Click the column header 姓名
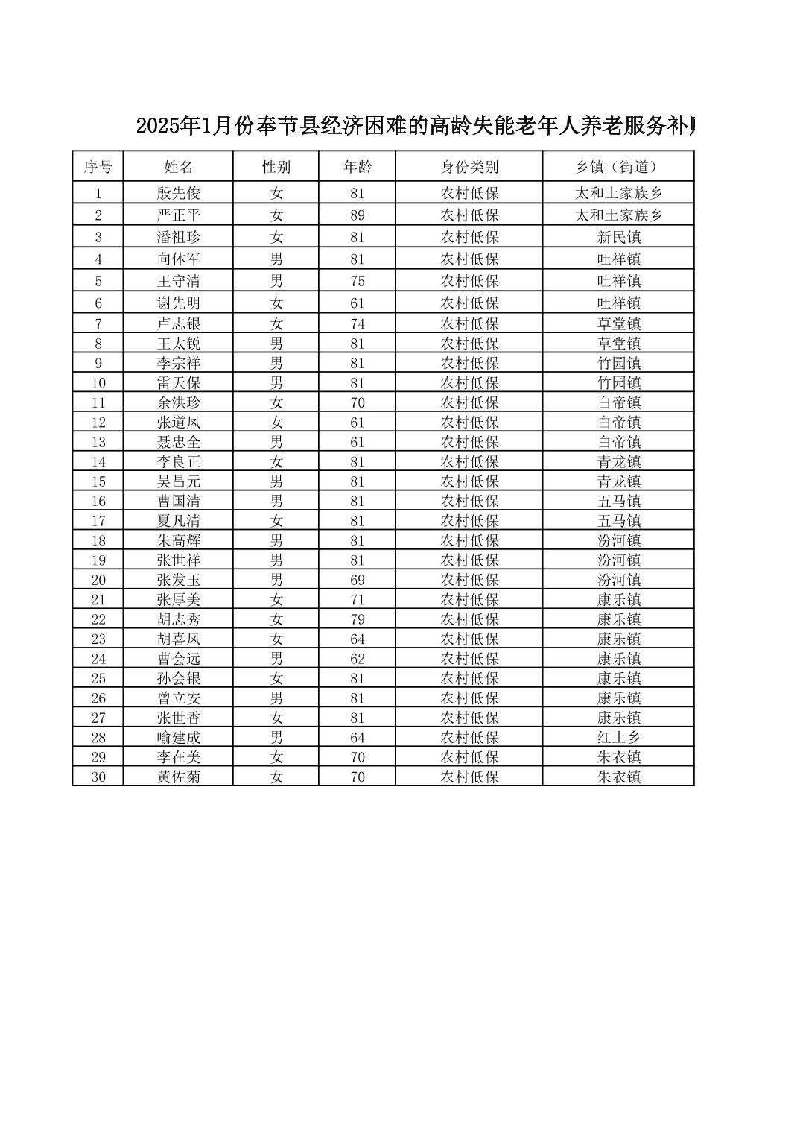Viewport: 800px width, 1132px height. [178, 167]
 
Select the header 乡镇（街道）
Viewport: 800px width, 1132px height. [618, 167]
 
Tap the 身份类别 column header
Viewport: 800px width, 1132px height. [469, 167]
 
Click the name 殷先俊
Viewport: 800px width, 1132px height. [178, 193]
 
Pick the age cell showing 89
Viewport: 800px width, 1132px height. [358, 215]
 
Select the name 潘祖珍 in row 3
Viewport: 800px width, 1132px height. [178, 237]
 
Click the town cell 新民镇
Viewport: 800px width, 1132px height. [618, 237]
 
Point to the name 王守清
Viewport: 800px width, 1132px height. [178, 281]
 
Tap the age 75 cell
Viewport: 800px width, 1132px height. [358, 281]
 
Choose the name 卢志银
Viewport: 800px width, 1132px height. [178, 323]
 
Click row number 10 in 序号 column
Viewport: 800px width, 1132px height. [98, 383]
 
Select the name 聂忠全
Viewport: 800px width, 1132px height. [178, 442]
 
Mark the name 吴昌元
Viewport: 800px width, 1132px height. [178, 481]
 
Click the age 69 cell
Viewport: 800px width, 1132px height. [358, 580]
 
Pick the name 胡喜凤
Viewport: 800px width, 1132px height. [178, 639]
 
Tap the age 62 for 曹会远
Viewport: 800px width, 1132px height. [358, 659]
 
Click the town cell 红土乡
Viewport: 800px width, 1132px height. [618, 737]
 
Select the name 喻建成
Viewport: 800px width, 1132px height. [178, 737]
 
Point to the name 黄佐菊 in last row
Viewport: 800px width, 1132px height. [178, 777]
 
